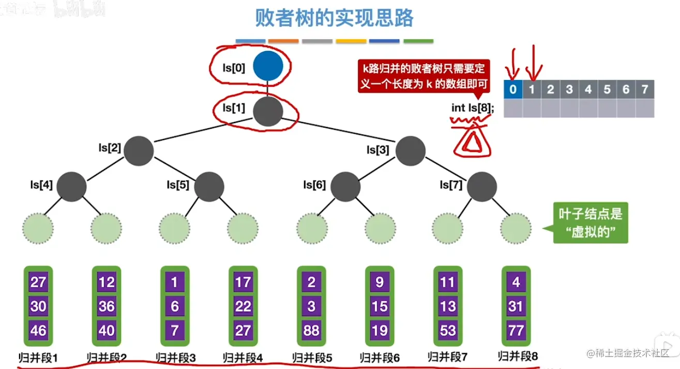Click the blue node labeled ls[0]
pos(268,67)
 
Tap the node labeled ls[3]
pos(411,150)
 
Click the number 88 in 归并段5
pos(311,330)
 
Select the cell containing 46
pos(38,330)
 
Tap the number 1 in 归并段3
pos(175,283)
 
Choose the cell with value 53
pos(448,330)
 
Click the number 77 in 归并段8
pos(516,330)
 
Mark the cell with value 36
pos(107,306)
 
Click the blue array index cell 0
pos(512,89)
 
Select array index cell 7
pos(644,89)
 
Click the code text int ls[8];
pos(473,109)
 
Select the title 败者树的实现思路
pos(335,19)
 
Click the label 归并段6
pos(380,357)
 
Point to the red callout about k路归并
pos(422,76)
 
